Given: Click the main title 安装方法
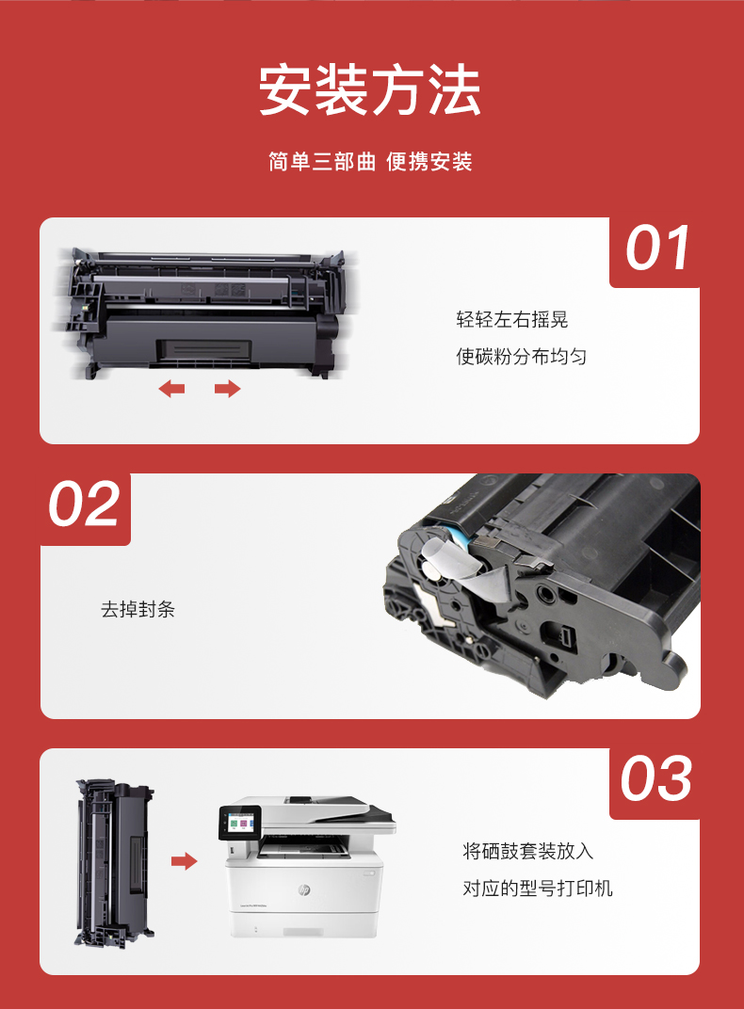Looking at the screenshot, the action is (x=370, y=90).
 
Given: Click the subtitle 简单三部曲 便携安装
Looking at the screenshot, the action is (x=371, y=162).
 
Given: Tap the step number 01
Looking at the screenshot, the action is (x=657, y=248).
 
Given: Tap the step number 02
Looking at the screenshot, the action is (x=85, y=504).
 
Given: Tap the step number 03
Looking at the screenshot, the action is (x=656, y=778).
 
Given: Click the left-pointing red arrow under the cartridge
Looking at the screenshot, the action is (x=171, y=388).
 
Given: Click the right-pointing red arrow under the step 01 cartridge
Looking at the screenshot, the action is (x=227, y=388).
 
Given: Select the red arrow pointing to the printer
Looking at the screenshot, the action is (x=184, y=861).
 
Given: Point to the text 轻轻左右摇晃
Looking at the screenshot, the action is (x=512, y=320).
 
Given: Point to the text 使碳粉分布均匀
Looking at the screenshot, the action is (x=522, y=356).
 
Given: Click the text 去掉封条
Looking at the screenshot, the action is (x=137, y=609).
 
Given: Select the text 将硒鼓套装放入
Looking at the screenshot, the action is (x=527, y=851).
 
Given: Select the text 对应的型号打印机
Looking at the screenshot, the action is (x=538, y=889).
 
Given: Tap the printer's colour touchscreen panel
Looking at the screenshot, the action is (x=239, y=823).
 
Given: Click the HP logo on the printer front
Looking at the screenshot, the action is (x=304, y=889).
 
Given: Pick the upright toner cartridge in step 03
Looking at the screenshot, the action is (x=115, y=862).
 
